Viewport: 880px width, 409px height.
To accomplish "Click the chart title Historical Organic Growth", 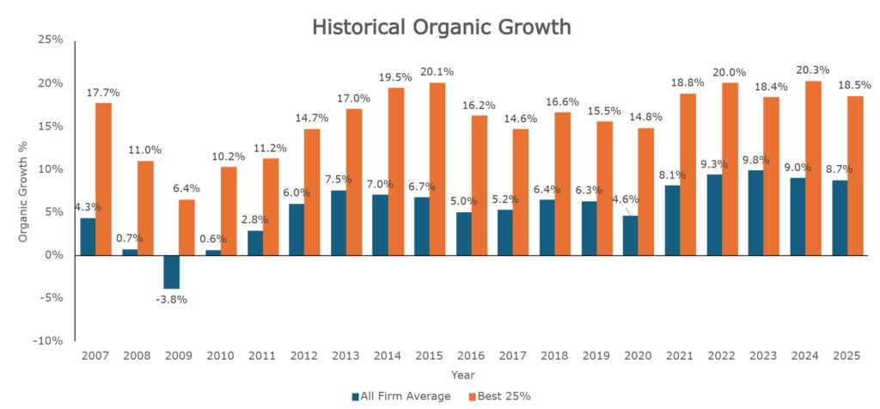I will pyautogui.click(x=441, y=27).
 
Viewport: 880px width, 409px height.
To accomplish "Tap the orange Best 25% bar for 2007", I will pyautogui.click(x=103, y=179).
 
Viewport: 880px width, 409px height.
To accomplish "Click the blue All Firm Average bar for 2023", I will pyautogui.click(x=756, y=212).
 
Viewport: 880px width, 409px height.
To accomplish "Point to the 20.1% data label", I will pyautogui.click(x=436, y=71).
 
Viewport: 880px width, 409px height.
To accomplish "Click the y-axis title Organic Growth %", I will pyautogui.click(x=24, y=190).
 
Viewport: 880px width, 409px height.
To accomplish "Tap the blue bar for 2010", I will pyautogui.click(x=212, y=252).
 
